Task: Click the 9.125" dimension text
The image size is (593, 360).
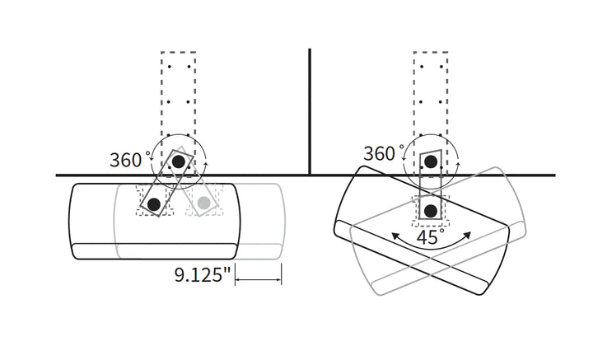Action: [203, 274]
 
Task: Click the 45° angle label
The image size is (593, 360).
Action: [431, 237]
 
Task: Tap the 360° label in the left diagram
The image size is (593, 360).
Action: [128, 160]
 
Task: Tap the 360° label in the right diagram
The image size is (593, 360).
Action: [382, 153]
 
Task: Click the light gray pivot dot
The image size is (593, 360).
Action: [204, 203]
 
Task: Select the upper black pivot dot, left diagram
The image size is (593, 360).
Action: [179, 161]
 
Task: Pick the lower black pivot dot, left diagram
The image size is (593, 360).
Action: [154, 204]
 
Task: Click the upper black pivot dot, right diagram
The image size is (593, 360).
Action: [431, 161]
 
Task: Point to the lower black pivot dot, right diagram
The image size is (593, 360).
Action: [431, 211]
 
